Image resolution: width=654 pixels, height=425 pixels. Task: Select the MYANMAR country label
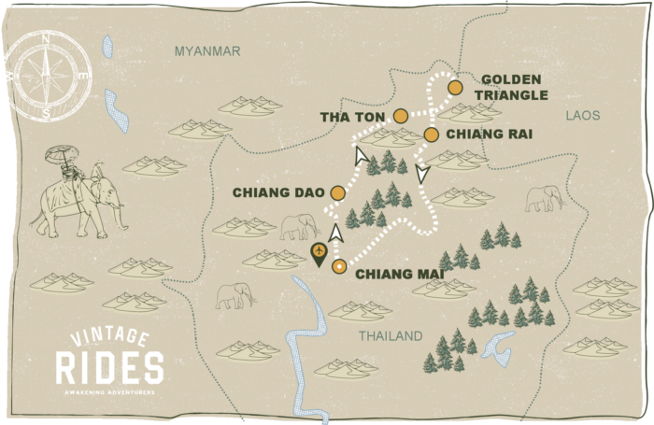[207, 51]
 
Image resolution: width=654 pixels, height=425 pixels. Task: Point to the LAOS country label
[582, 116]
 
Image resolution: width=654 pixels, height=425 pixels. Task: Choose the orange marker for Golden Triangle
[455, 88]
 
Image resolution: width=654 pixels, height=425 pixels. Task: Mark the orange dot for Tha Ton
[401, 116]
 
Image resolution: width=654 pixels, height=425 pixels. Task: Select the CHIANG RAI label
[489, 135]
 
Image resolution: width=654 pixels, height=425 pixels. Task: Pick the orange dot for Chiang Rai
[431, 135]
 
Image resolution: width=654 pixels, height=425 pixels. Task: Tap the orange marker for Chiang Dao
[337, 193]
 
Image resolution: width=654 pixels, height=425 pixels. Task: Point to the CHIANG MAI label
[398, 273]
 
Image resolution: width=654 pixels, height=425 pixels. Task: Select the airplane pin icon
[320, 253]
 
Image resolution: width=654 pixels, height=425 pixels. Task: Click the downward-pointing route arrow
[422, 173]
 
